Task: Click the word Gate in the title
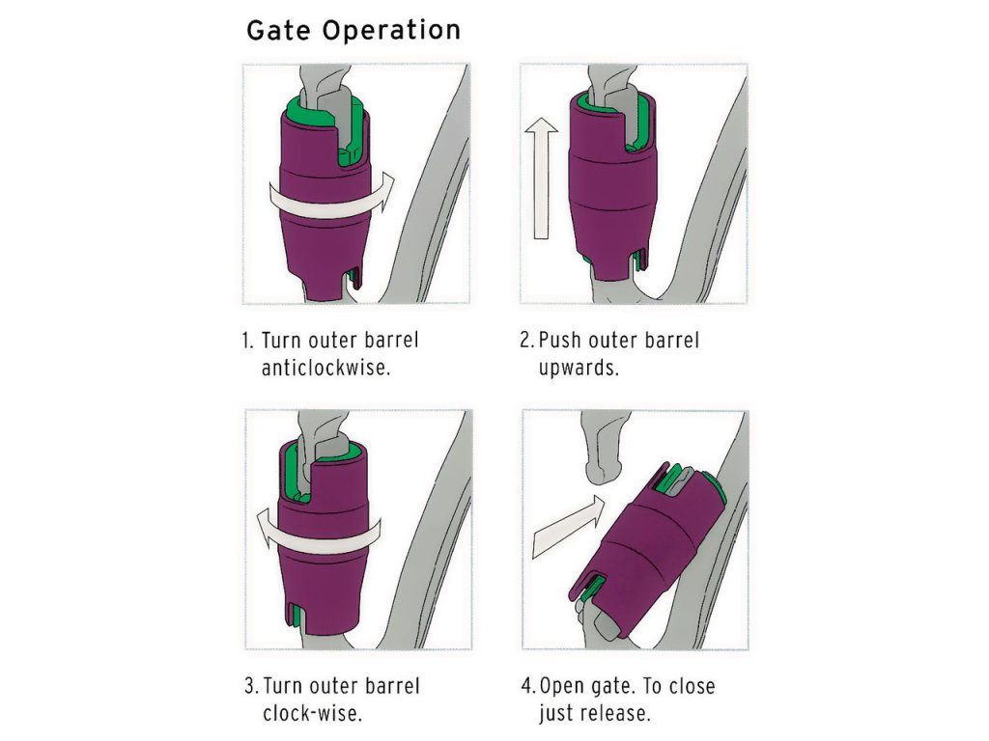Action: coord(280,30)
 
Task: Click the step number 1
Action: coord(246,341)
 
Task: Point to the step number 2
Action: coord(525,341)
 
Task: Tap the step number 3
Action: coord(249,687)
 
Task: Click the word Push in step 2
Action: coord(561,341)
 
